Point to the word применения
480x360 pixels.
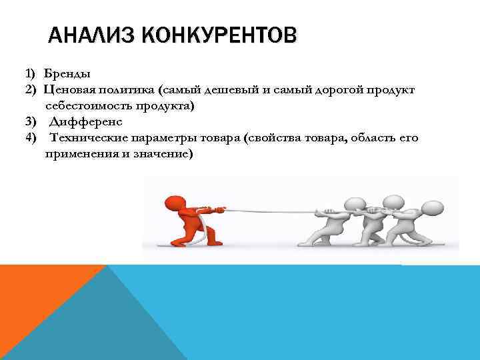point(77,154)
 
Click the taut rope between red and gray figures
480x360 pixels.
point(267,211)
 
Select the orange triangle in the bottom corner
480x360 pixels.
point(33,300)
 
